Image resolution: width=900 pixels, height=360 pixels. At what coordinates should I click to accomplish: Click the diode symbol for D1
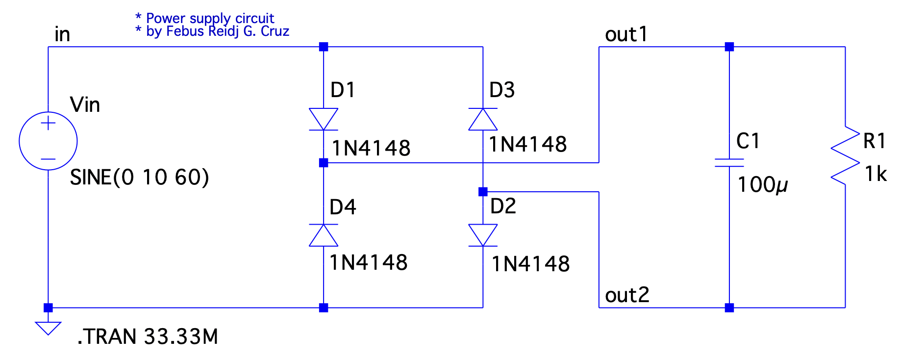click(324, 119)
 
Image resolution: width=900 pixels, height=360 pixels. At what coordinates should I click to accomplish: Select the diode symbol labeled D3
click(483, 119)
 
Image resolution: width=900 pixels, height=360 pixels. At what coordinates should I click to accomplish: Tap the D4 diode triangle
click(324, 235)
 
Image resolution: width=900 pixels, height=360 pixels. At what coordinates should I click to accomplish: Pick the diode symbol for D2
click(483, 235)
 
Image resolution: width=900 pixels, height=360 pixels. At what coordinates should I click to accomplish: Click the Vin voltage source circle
click(48, 141)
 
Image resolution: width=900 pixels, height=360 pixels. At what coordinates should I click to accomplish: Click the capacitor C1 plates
click(729, 163)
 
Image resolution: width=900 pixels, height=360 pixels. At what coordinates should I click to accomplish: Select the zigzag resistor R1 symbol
click(845, 156)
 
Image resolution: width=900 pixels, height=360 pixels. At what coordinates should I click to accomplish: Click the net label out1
click(626, 34)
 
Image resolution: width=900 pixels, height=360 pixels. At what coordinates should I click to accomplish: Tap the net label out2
click(627, 295)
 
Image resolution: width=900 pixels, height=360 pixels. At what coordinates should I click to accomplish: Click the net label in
click(62, 34)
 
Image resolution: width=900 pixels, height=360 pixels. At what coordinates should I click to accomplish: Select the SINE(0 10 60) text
click(139, 177)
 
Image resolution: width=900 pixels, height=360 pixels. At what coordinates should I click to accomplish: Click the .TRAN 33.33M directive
click(148, 337)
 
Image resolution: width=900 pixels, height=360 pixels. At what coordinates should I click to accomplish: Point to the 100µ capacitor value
click(762, 185)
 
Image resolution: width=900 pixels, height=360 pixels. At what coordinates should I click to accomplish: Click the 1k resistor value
click(875, 174)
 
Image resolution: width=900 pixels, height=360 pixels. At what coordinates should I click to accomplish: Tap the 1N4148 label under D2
click(530, 264)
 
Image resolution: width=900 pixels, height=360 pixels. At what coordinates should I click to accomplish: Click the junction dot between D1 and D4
click(324, 163)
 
